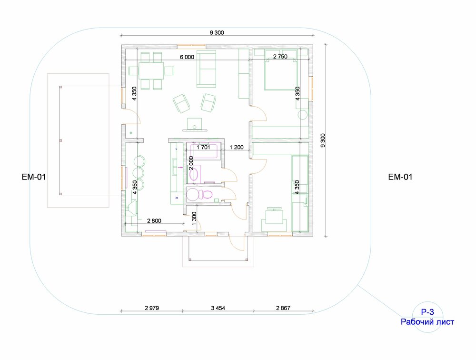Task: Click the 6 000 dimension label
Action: coord(187,57)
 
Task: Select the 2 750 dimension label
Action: coord(280,57)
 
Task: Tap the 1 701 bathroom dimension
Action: coord(203,147)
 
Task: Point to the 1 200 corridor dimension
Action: coord(237,147)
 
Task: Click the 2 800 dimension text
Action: coord(154,221)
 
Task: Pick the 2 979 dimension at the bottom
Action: coord(152,308)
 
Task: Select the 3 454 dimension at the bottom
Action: coord(218,308)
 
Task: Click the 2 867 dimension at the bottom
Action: coord(283,308)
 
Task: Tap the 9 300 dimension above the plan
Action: coord(217,33)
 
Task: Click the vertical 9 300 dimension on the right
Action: coord(323,140)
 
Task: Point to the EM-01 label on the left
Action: coord(34,177)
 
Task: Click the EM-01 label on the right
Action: coord(400,177)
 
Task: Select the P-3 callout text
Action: coord(427,312)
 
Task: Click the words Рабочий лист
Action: coord(427,322)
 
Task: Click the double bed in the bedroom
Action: coord(281,74)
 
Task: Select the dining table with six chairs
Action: coord(151,71)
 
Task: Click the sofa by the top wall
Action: coord(207,69)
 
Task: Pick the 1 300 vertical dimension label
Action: coord(194,219)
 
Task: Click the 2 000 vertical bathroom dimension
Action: coord(191,163)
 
